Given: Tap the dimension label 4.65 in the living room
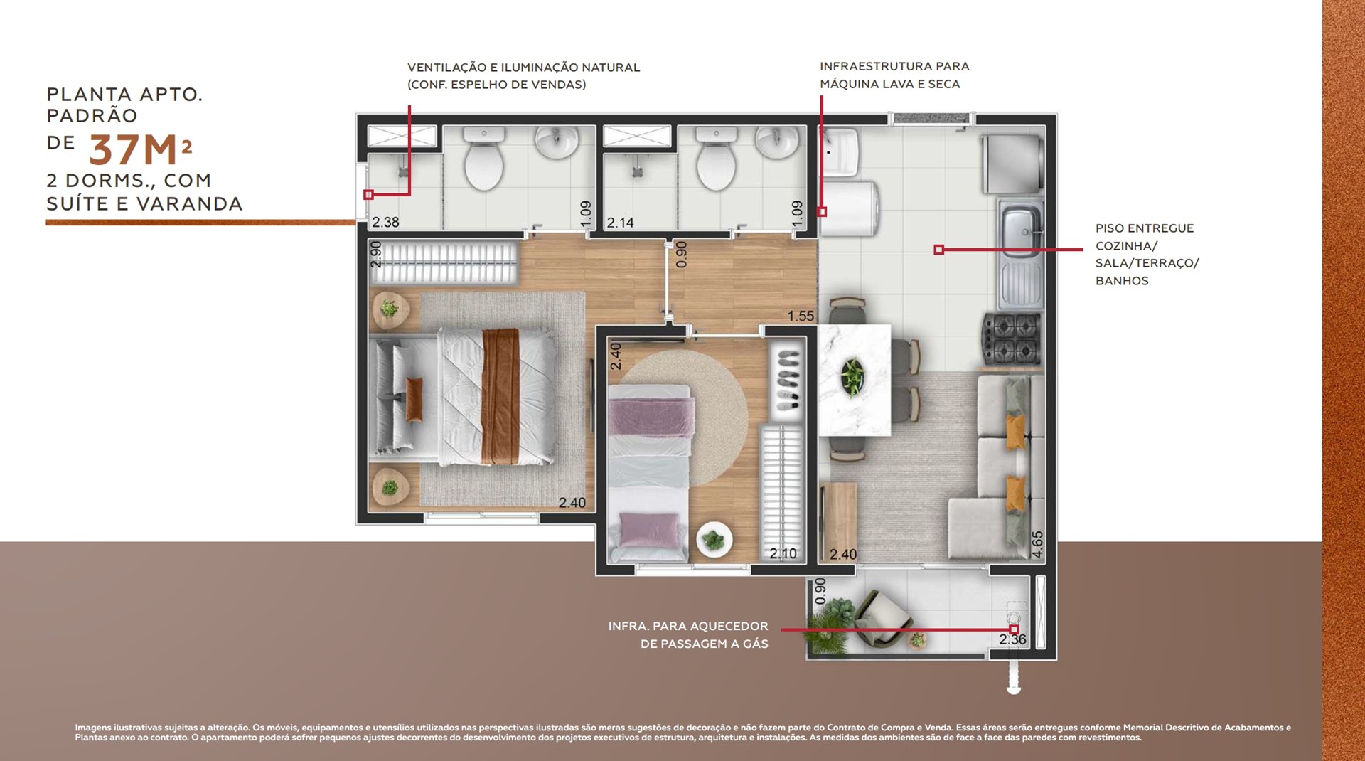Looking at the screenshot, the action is pyautogui.click(x=1037, y=544).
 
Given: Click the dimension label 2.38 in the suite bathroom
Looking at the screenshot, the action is pyautogui.click(x=385, y=222).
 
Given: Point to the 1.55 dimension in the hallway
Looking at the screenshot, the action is pyautogui.click(x=801, y=316).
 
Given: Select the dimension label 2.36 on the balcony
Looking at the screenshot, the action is pyautogui.click(x=1012, y=639).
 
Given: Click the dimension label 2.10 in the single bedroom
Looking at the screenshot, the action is pyautogui.click(x=783, y=553).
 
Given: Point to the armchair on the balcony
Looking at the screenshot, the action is pyautogui.click(x=882, y=619).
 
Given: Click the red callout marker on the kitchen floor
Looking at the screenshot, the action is pyautogui.click(x=938, y=250).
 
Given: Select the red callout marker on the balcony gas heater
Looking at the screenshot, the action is pyautogui.click(x=1014, y=629).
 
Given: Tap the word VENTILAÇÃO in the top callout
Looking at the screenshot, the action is pyautogui.click(x=446, y=68).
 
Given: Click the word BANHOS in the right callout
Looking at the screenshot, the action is pyautogui.click(x=1122, y=281).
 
